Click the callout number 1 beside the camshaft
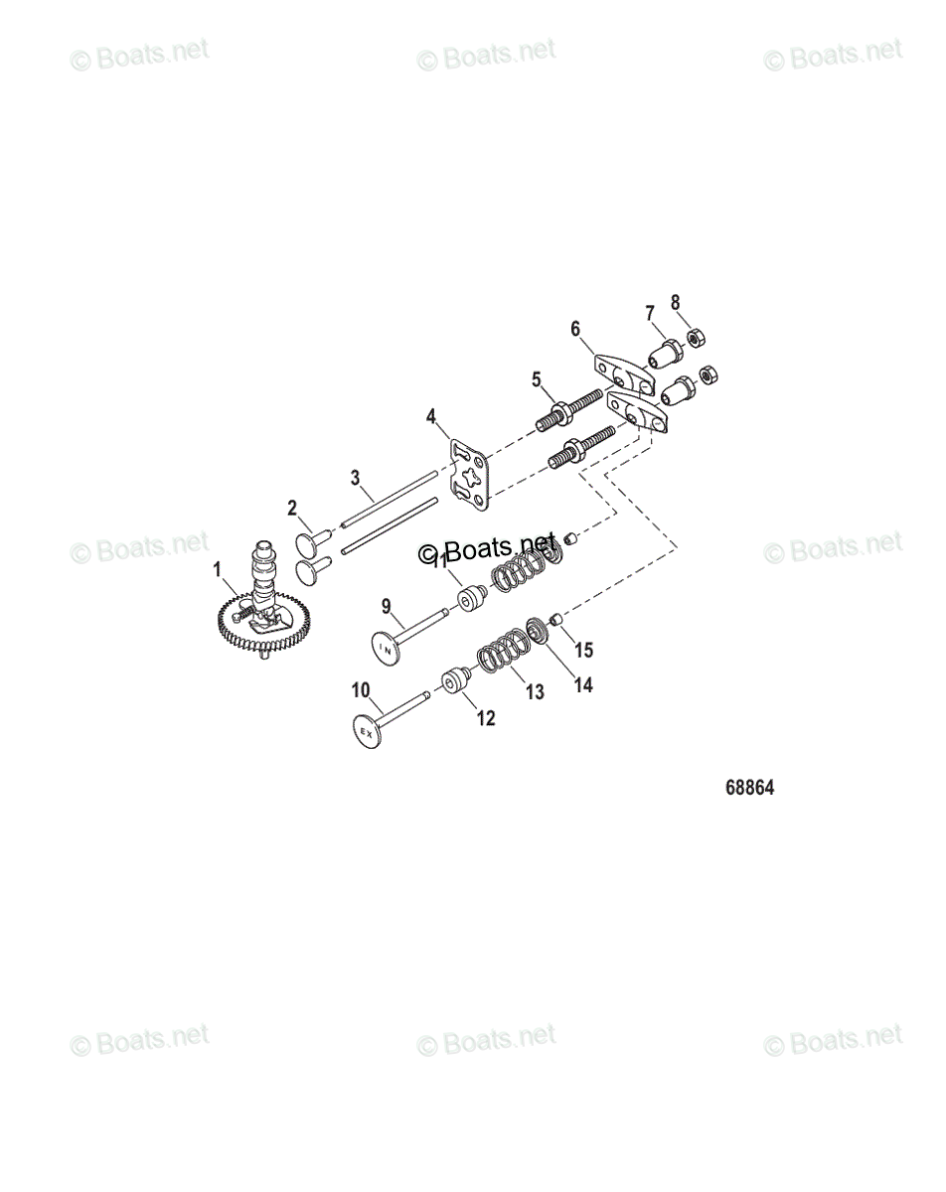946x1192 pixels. [218, 570]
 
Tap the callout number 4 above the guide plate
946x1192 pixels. [430, 414]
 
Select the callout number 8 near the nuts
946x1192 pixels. [676, 302]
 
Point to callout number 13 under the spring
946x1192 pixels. [536, 691]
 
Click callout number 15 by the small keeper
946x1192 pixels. [584, 651]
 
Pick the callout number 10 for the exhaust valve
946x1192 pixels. [360, 689]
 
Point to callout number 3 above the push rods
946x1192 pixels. [355, 478]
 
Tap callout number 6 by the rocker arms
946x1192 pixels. [574, 329]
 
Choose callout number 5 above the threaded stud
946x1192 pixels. [536, 378]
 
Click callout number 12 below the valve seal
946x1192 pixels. [485, 718]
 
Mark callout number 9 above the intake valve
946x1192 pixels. [387, 604]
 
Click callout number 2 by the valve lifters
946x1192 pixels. [292, 508]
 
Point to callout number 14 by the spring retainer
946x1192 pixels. [582, 684]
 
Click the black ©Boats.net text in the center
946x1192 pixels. [487, 549]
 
